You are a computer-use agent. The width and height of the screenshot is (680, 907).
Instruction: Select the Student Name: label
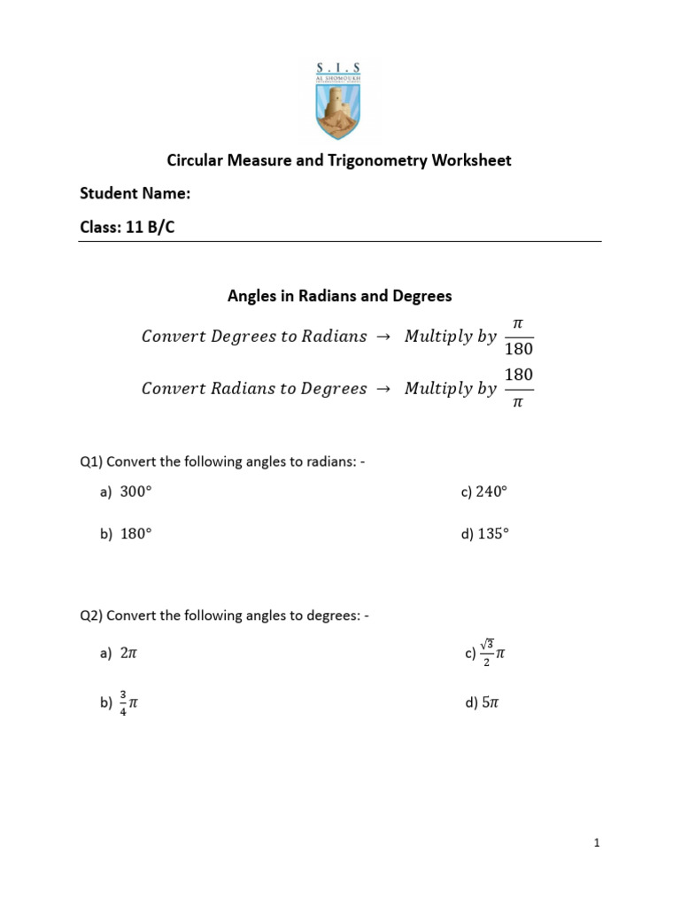(x=135, y=194)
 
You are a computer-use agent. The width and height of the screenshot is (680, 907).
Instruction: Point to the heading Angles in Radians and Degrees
(x=340, y=296)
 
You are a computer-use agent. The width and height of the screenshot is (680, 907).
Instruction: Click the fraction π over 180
(x=519, y=337)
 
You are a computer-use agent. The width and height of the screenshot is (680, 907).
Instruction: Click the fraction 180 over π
(x=519, y=389)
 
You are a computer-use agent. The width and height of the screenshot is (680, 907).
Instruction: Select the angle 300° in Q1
(x=136, y=492)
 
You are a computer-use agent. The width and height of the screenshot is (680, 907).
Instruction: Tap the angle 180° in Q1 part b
(x=136, y=533)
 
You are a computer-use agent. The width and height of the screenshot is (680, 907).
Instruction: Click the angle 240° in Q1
(x=493, y=492)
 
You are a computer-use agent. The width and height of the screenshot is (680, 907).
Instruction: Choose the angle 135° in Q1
(x=493, y=533)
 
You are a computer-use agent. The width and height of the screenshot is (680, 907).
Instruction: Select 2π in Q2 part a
(x=129, y=654)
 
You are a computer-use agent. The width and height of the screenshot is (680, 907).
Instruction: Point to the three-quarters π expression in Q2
(x=128, y=703)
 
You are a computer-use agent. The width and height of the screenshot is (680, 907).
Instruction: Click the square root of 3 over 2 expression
(x=491, y=654)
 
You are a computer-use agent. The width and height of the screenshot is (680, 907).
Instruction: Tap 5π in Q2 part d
(x=491, y=703)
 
